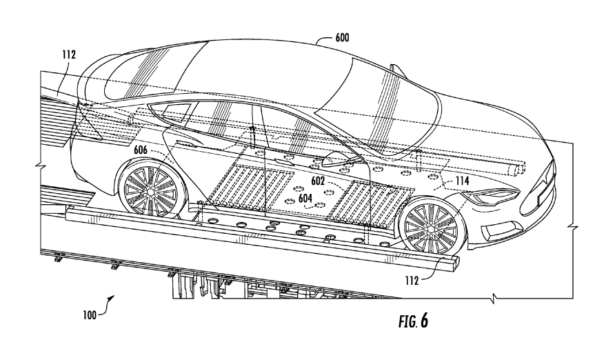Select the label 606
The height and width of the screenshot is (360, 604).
[141, 148]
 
